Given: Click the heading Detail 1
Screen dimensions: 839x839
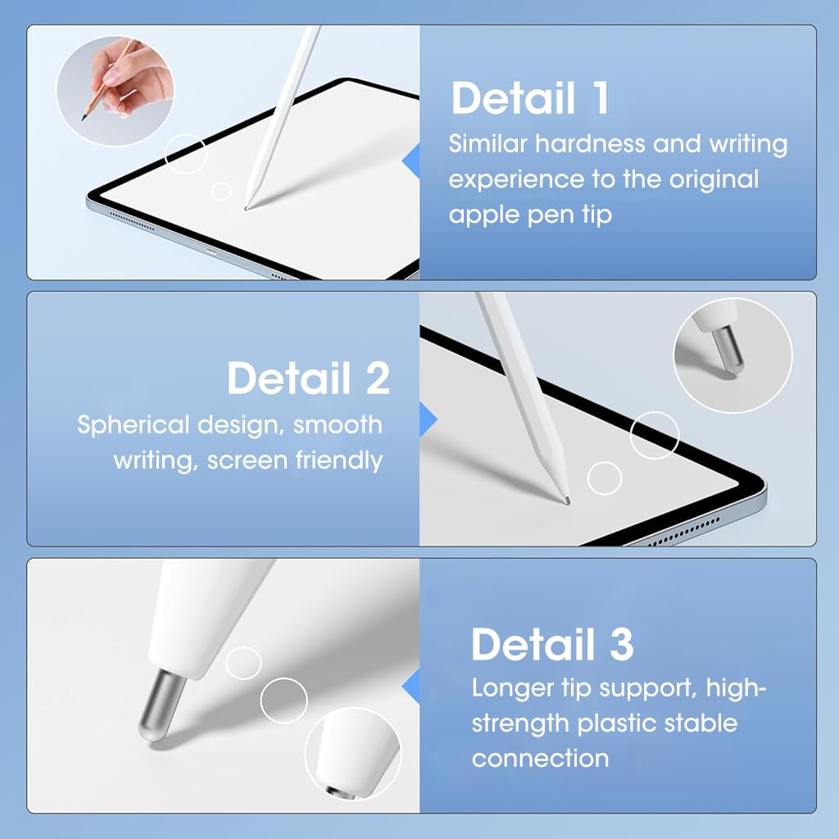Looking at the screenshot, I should pos(530,98).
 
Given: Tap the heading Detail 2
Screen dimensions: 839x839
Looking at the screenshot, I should pos(308,379).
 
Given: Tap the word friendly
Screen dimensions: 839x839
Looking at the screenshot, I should pos(341,460).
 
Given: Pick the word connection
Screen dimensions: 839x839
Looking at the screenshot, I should pos(540,759).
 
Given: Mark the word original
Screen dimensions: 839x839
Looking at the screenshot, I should pos(713,179).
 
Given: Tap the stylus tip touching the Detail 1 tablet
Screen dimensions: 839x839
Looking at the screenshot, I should pos(247,207).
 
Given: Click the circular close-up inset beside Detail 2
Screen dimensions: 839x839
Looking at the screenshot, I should pos(732,354).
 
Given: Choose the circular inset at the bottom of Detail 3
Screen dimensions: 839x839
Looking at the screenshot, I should pos(356,755).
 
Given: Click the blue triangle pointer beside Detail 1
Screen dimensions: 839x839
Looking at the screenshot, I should pos(410,161).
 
